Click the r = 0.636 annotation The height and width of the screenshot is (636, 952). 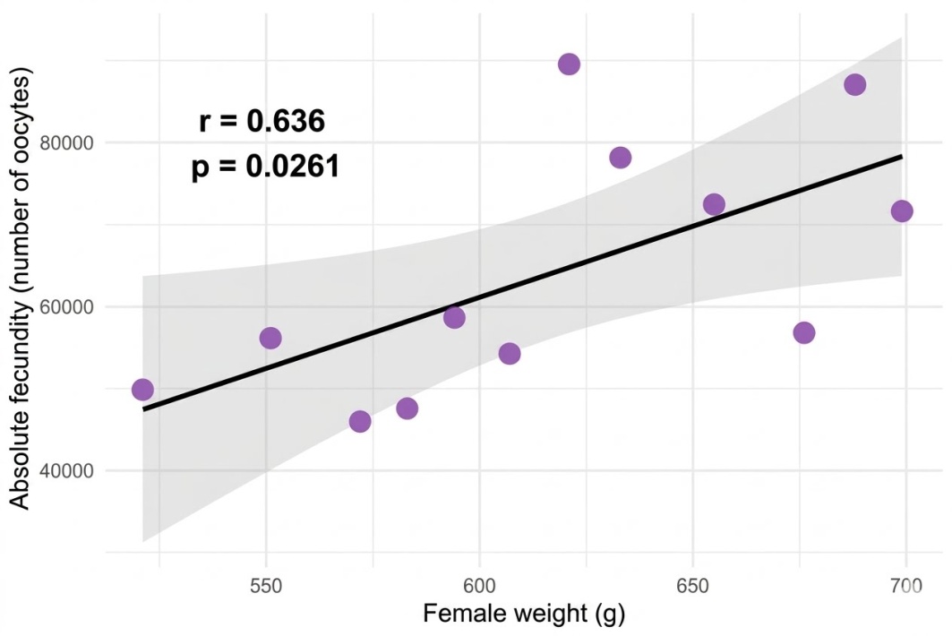coord(262,121)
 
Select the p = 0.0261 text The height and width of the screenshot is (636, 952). coord(265,166)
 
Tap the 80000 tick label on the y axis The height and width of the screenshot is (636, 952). coord(66,142)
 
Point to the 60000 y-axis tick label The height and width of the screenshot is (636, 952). coord(66,306)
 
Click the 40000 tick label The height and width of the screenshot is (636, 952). coord(66,471)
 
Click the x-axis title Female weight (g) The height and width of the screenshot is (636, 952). coord(524,615)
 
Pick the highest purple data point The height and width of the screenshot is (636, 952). coord(569,64)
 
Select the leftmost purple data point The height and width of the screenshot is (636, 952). coord(142,390)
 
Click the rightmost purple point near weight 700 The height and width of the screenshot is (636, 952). coord(902,211)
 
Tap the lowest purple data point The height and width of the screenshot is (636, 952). coord(360,421)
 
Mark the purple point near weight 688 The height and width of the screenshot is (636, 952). coord(855,84)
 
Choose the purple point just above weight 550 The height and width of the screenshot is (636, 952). coord(270,338)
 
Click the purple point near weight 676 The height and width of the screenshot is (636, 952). coord(804,332)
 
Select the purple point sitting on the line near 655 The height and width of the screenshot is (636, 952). coord(714,204)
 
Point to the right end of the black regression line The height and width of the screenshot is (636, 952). coord(902,157)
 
